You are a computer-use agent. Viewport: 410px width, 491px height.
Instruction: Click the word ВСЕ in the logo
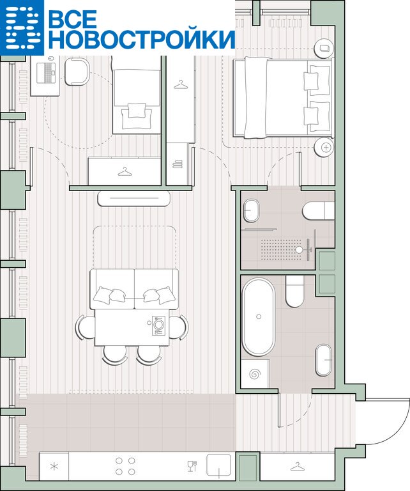point(73,19)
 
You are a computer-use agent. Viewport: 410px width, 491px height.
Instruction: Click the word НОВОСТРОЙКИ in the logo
point(142,40)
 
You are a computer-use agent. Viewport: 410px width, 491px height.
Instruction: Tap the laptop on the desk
point(46,73)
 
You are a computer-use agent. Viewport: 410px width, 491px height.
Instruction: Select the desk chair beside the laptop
point(77,72)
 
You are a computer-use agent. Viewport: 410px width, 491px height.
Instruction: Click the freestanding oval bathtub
point(258,317)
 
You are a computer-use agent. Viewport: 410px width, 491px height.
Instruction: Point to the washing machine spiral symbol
point(255,374)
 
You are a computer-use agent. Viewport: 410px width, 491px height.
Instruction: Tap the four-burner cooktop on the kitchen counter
point(125,466)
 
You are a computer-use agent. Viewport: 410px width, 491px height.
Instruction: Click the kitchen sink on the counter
point(218,465)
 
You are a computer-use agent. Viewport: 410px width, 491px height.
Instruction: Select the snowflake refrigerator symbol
point(54,467)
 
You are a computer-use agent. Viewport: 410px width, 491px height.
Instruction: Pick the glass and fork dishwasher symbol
point(192,466)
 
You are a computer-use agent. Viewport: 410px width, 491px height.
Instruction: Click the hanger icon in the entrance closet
point(298,467)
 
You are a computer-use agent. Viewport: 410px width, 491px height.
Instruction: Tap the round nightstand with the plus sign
point(324,147)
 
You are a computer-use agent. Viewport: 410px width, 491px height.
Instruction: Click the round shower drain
point(300,249)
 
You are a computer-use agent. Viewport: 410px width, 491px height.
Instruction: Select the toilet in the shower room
point(319,211)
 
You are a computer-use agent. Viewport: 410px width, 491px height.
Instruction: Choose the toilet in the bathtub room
point(294,292)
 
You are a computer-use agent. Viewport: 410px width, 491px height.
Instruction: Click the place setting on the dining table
point(159,325)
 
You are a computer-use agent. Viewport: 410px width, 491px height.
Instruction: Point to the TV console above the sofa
point(134,199)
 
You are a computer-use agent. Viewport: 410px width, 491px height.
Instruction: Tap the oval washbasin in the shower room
point(251,210)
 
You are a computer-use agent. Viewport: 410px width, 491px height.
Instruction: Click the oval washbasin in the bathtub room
point(324,360)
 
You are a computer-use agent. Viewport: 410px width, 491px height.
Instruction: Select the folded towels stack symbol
point(178,164)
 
